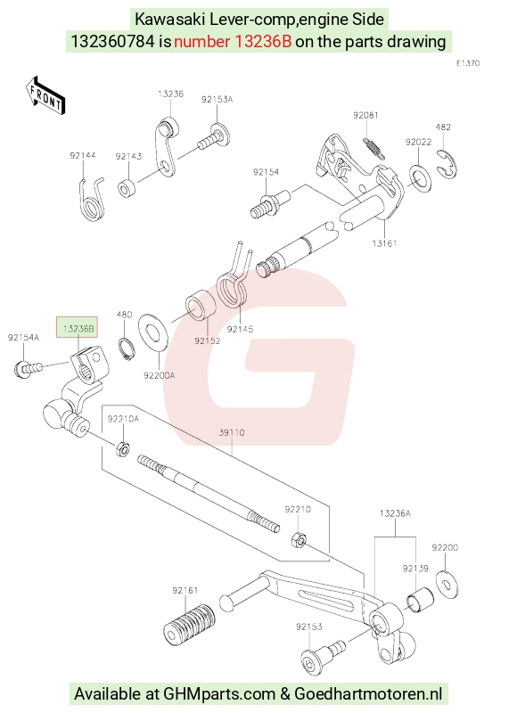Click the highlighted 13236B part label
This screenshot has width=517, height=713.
point(77,327)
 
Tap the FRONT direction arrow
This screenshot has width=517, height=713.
point(45,95)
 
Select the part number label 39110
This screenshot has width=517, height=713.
point(232,432)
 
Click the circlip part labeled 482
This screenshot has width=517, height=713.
point(448,163)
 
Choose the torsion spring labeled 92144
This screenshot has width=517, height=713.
point(92,200)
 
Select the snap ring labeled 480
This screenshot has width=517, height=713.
point(127,349)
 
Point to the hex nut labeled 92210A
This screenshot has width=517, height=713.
point(122,449)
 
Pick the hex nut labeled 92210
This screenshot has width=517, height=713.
point(299,541)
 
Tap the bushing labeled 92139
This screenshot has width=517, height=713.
point(419,600)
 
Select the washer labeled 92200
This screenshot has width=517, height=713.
point(447,584)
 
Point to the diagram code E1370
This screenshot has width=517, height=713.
point(468,63)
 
